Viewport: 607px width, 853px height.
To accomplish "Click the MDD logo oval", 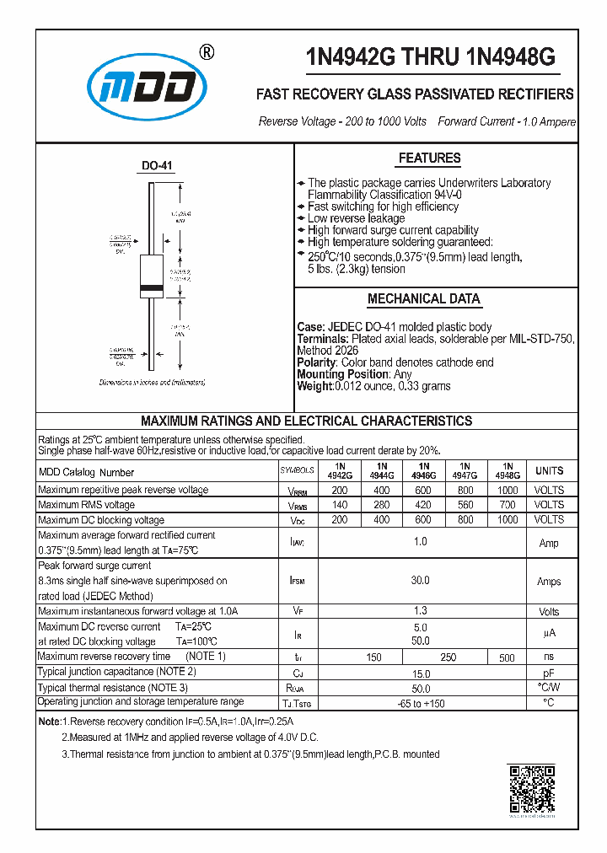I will tap(147, 85).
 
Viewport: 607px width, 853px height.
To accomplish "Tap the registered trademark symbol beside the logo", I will tap(206, 52).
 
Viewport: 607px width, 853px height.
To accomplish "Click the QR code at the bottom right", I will tap(531, 789).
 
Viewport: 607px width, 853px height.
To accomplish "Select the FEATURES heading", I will tap(429, 158).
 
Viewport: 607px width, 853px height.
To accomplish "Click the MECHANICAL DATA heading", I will tap(423, 299).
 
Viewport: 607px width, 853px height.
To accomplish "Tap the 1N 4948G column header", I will tap(507, 470).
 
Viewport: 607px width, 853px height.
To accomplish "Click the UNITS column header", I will tap(549, 470).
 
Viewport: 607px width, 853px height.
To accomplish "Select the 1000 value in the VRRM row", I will tap(507, 490).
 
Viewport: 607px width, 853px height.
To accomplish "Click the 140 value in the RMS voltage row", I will tap(339, 505).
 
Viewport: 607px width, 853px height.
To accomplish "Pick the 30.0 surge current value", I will tap(420, 581).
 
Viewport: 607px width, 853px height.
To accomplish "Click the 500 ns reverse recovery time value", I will tap(507, 657).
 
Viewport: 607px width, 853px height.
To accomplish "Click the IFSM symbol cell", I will tap(297, 581).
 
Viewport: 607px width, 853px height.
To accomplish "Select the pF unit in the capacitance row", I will tap(549, 673).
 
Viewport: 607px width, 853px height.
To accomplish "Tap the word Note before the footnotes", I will tap(49, 722).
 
